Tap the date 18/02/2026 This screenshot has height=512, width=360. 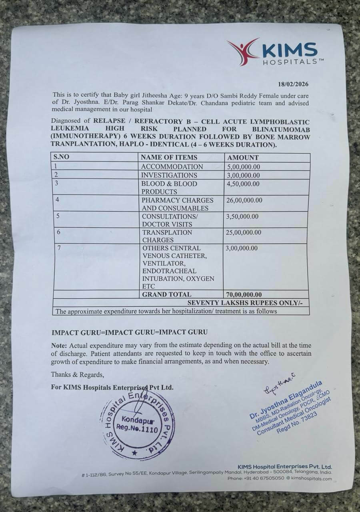click(293, 84)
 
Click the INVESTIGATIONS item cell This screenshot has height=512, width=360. click(169, 175)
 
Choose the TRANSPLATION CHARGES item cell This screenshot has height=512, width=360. click(167, 236)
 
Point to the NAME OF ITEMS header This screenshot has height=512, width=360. click(169, 158)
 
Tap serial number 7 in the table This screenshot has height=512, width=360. click(59, 248)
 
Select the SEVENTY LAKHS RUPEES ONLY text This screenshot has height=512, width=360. click(248, 303)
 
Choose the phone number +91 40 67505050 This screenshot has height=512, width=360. click(262, 478)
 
